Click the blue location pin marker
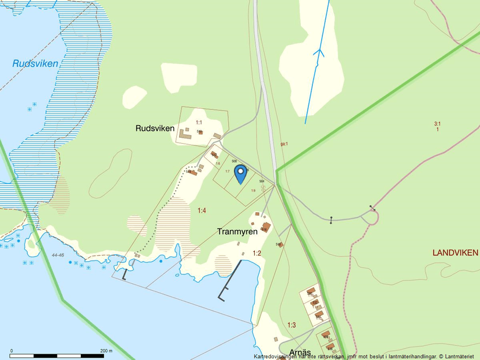point(240,173)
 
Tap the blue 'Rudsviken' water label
point(35,63)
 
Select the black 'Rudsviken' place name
point(155,127)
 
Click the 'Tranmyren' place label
point(237,231)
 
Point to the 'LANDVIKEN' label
point(455,252)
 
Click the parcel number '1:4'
point(202,211)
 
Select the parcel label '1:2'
point(257,253)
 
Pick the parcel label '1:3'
point(291,325)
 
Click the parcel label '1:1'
point(199,122)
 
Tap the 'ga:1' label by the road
point(284,144)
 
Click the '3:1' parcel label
point(437,123)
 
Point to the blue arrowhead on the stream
point(318,52)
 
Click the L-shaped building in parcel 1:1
point(185,134)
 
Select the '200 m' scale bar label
point(106,350)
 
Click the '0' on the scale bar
point(12,350)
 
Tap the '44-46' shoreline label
point(57,255)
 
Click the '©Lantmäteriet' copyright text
point(457,356)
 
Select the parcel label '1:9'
point(253,190)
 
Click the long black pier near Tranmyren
point(230,280)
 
